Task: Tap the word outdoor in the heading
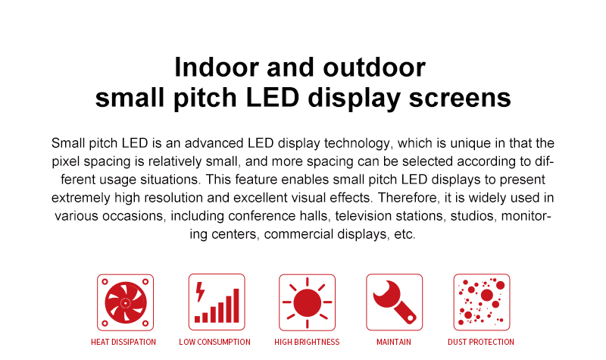(374, 67)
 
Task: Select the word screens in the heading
(460, 98)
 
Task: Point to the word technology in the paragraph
(357, 143)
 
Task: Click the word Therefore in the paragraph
(409, 198)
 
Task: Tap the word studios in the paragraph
(474, 216)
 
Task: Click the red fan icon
(125, 302)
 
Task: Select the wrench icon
(394, 302)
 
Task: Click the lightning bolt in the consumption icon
(200, 292)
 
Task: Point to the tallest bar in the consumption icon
(236, 305)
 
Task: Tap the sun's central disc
(308, 302)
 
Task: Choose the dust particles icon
(482, 302)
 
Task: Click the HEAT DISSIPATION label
(123, 342)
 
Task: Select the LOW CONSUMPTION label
(214, 342)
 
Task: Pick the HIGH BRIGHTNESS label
(307, 342)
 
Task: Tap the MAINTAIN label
(394, 342)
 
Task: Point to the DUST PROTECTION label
(481, 342)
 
